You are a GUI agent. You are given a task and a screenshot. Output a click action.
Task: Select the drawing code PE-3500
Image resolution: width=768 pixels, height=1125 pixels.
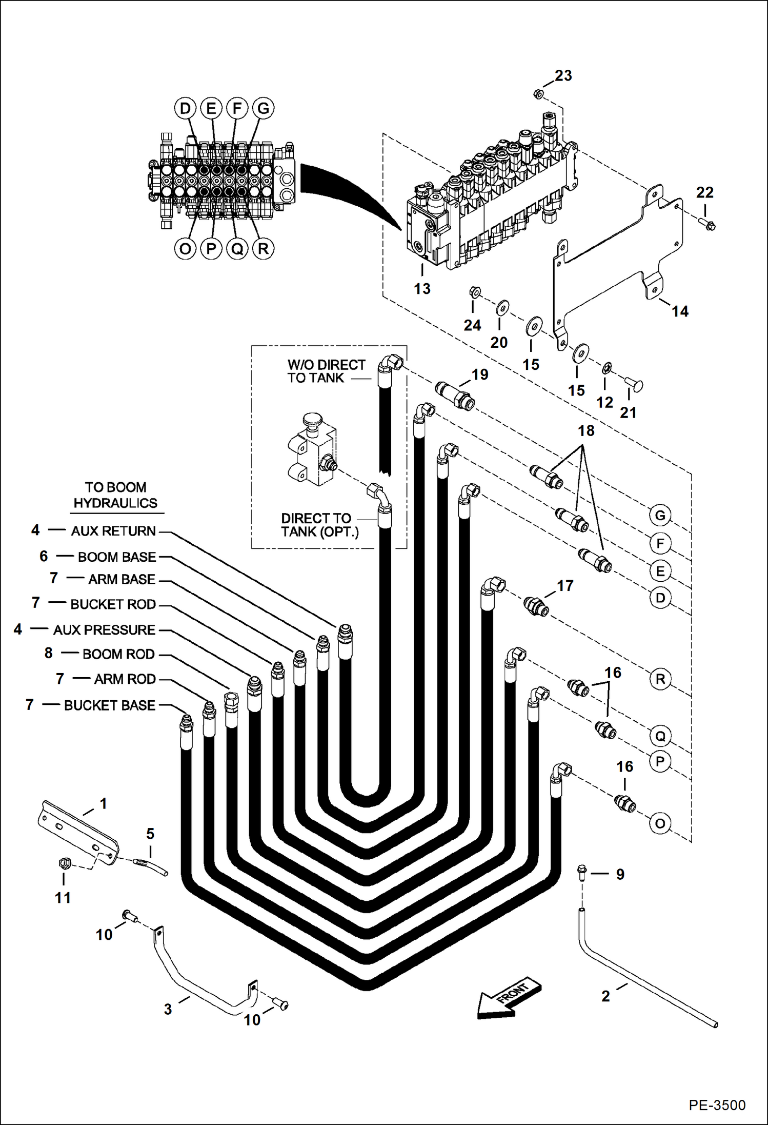click(717, 1104)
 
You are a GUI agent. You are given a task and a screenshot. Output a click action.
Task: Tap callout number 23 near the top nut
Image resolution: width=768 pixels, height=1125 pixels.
click(563, 76)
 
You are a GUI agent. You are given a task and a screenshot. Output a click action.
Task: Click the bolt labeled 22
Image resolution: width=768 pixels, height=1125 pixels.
click(708, 224)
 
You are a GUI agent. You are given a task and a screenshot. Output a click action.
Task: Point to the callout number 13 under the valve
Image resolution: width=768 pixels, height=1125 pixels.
click(422, 289)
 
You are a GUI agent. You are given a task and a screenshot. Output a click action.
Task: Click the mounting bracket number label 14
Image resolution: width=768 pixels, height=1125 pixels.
click(680, 311)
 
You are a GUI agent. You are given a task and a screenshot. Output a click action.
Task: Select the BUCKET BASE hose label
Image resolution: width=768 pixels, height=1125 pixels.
click(109, 705)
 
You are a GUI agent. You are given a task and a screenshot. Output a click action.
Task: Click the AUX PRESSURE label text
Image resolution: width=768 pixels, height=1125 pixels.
click(104, 630)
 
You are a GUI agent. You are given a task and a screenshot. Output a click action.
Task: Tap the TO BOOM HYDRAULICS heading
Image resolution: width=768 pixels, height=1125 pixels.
click(115, 495)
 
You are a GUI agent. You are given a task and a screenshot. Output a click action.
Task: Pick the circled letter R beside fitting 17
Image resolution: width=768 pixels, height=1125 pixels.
click(660, 679)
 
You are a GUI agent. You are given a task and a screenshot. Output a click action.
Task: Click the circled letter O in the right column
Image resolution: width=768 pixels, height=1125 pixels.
click(660, 824)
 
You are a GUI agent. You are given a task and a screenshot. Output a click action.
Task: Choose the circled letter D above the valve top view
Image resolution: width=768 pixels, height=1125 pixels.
click(185, 108)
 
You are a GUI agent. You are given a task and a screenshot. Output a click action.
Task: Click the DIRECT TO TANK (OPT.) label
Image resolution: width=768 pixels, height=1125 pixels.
click(319, 525)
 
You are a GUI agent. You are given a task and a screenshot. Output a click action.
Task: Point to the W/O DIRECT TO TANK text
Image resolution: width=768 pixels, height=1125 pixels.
click(326, 371)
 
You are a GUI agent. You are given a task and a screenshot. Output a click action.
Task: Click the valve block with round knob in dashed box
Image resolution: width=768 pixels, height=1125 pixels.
click(311, 449)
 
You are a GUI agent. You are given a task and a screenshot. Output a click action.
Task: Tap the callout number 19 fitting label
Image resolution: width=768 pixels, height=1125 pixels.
click(480, 375)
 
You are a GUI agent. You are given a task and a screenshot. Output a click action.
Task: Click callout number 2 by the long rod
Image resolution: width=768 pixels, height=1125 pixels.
click(605, 996)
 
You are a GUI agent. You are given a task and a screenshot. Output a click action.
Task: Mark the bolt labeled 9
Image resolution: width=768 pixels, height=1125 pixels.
click(583, 872)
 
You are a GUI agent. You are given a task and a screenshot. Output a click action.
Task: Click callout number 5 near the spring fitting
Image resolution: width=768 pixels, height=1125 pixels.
click(150, 834)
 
